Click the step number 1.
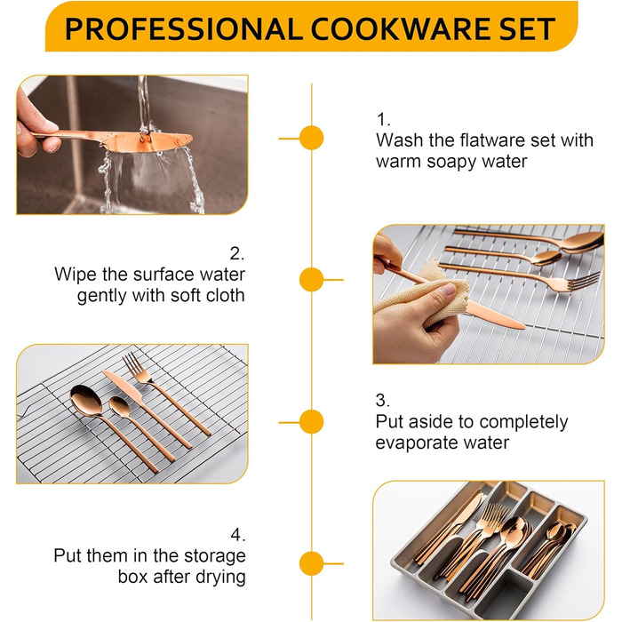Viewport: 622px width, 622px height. [x=383, y=119]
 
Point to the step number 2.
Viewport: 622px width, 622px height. [x=237, y=253]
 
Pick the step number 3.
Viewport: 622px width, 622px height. [x=382, y=400]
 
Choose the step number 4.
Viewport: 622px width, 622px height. [x=237, y=535]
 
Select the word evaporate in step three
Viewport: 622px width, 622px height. [x=411, y=443]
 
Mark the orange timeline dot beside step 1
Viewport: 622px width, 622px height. [x=311, y=138]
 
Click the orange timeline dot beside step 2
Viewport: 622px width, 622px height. [x=311, y=280]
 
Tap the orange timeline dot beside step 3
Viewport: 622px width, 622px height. [x=311, y=422]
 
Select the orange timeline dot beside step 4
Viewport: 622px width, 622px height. [x=311, y=563]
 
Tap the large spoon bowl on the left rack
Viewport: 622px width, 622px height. [x=85, y=401]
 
